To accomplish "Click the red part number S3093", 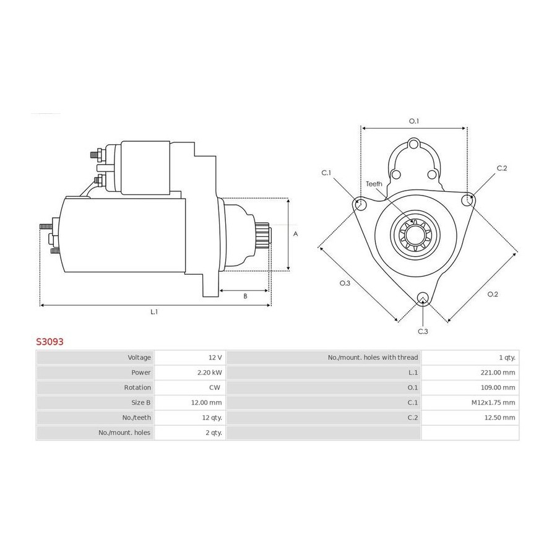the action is (50, 342).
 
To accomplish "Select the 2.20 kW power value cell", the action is (210, 373).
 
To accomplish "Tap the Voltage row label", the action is (139, 357).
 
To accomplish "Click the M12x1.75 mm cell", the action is (493, 402).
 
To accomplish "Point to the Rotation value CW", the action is (215, 387).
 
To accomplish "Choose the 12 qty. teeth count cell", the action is (212, 418).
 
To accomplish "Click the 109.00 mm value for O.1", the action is (498, 387).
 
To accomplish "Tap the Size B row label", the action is (141, 402).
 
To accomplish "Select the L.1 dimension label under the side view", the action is (154, 312).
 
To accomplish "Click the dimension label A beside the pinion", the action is (295, 234).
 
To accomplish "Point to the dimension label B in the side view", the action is (245, 296).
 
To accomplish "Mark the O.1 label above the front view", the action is (414, 121).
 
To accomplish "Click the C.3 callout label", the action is (423, 332).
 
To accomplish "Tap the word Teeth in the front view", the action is (374, 184).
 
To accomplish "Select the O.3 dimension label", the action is (345, 283).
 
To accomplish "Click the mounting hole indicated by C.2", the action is (467, 201).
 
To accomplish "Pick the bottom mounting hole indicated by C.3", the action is (423, 298).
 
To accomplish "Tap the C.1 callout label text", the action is (326, 173).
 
